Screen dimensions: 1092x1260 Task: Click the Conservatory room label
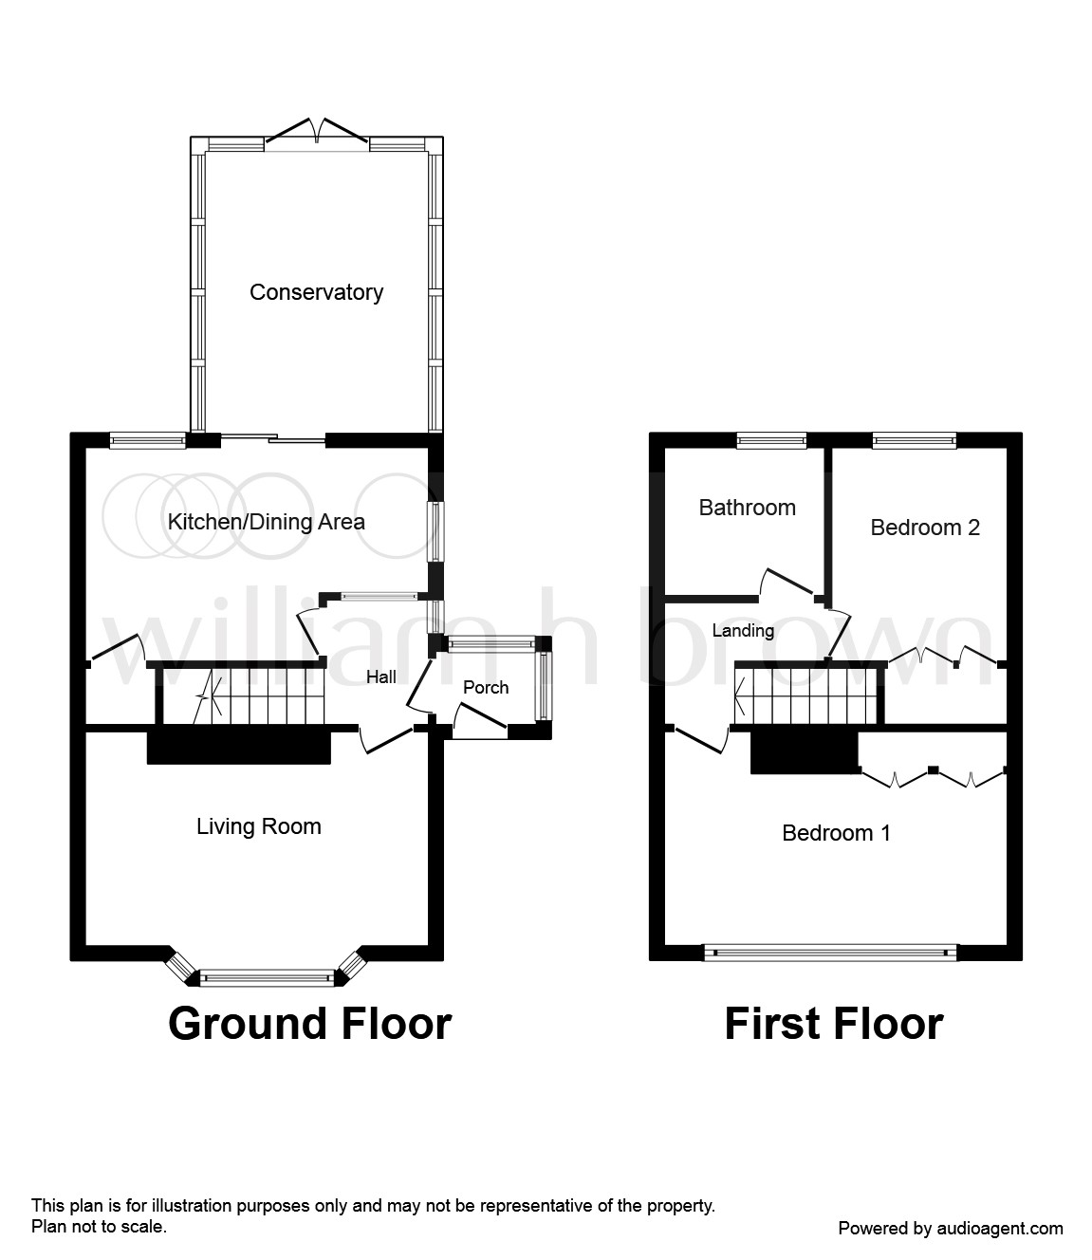pos(316,292)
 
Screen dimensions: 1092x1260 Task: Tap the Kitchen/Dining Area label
pos(266,522)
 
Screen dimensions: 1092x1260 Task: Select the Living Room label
pos(258,826)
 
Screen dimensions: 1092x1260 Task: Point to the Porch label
pos(485,687)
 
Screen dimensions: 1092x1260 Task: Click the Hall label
pos(381,676)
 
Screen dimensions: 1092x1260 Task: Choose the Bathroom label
pos(747,508)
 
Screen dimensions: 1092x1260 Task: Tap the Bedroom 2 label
pos(924,528)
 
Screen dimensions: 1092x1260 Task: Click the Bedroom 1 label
pos(836,833)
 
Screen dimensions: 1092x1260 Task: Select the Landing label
pos(743,630)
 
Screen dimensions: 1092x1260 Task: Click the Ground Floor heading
pos(309,1024)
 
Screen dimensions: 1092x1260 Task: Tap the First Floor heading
pos(833,1024)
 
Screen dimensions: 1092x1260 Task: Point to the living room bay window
pos(267,974)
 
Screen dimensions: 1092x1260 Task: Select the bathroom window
pos(771,439)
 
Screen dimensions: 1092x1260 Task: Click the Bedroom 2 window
pos(914,439)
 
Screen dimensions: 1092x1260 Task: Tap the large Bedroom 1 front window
pos(830,952)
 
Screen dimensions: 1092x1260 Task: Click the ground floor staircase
pos(241,695)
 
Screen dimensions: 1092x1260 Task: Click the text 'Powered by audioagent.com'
pos(950,1229)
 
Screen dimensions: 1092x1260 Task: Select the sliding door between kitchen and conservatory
pos(273,438)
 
